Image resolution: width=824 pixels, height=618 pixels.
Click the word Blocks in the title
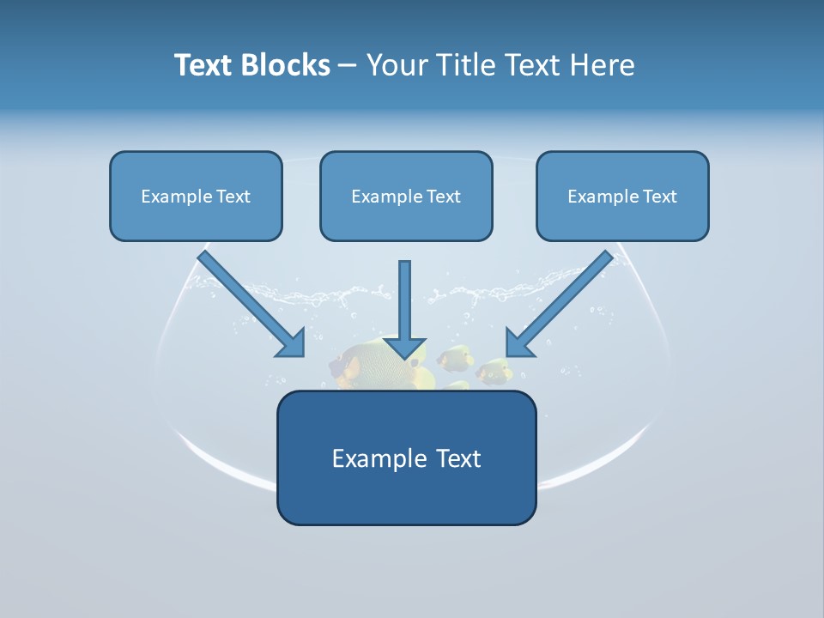coord(286,64)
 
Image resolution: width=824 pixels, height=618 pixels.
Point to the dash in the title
coord(348,65)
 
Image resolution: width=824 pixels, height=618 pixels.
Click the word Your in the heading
coord(396,64)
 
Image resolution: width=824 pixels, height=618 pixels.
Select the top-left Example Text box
coord(196,196)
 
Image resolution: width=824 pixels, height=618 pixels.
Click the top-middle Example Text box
coord(406,196)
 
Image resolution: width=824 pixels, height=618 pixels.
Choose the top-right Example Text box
coord(622,196)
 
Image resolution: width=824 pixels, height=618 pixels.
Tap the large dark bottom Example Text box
coord(406,457)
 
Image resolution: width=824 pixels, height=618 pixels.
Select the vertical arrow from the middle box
coord(404,300)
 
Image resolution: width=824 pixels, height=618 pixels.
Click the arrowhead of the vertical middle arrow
coord(404,347)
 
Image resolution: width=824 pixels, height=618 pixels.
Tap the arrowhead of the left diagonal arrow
coord(292,343)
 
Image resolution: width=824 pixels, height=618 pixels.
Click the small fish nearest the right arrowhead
coord(494,372)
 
